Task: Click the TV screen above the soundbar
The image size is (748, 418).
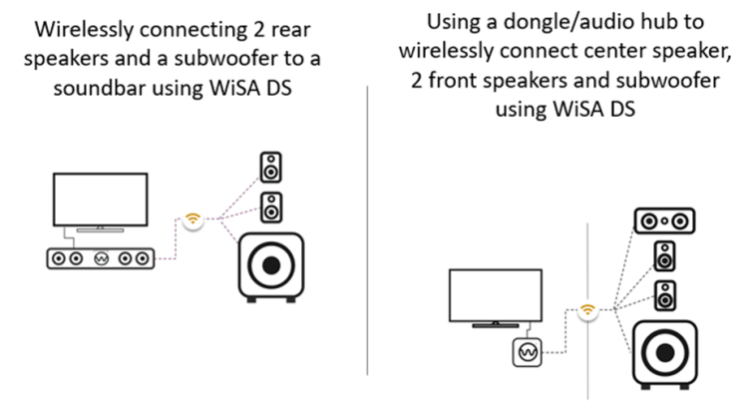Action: (100, 200)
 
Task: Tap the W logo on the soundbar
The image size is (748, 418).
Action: (101, 258)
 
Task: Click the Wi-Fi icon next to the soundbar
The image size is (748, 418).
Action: (192, 219)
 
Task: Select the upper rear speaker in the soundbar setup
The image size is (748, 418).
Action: (270, 167)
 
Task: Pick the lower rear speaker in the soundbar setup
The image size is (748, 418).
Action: (271, 208)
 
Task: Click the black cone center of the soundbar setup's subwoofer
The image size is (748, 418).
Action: (271, 265)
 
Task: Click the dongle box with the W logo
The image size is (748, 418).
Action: (528, 352)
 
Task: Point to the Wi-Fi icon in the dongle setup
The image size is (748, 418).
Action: (587, 310)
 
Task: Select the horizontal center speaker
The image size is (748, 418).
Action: (664, 220)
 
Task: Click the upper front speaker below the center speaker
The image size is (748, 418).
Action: (664, 255)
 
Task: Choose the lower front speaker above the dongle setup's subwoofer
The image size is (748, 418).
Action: (665, 295)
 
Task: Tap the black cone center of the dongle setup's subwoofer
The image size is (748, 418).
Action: (665, 353)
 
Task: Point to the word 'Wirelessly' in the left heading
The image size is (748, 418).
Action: (83, 30)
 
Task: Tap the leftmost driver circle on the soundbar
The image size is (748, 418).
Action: (59, 258)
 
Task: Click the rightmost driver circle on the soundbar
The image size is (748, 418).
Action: (143, 258)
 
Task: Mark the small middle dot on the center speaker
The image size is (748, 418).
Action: (664, 220)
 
